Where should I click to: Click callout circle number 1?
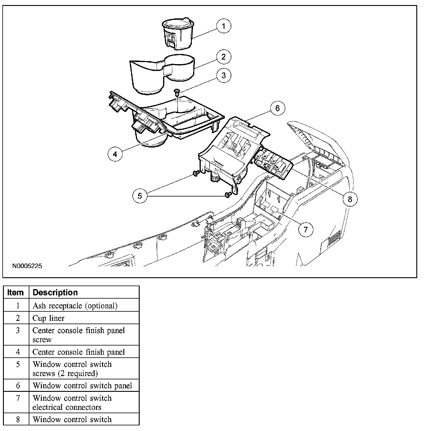224,26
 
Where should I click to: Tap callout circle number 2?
224,56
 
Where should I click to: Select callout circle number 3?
224,75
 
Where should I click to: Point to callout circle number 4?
115,154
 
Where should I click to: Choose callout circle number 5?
140,196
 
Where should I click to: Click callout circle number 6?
277,108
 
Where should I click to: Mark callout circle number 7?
306,229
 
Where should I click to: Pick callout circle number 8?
350,199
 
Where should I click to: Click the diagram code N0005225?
27,266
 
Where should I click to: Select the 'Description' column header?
55,292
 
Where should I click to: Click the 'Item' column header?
16,292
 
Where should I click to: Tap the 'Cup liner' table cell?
49,318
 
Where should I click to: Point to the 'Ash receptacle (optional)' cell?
75,306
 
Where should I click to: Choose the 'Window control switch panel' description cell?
82,386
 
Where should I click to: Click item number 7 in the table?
18,398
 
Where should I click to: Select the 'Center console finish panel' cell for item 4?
79,352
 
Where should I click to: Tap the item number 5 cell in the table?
18,365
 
